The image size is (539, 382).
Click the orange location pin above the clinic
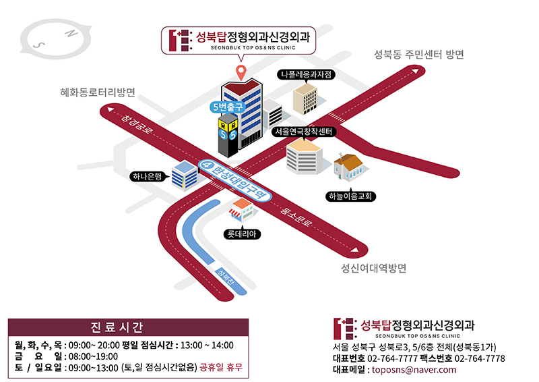tap(239, 70)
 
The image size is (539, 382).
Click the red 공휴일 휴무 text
tap(220, 368)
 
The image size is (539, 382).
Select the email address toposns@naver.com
tap(410, 370)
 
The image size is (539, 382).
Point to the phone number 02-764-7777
tap(393, 358)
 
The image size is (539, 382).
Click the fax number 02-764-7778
tap(480, 358)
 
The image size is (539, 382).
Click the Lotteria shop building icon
tap(243, 211)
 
